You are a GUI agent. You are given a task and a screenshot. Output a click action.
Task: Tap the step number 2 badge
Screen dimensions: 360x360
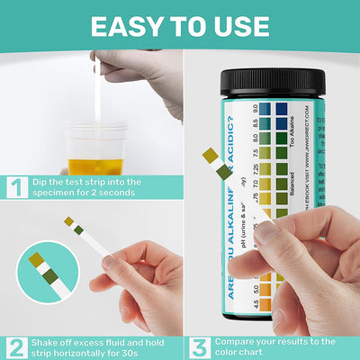(x=15, y=346)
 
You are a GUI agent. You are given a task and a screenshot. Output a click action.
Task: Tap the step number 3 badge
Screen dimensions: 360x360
(x=198, y=346)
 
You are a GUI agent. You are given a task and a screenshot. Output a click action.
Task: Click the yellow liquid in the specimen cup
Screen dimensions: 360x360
(x=95, y=166)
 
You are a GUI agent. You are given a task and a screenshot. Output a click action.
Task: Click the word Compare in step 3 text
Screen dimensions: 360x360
(x=238, y=341)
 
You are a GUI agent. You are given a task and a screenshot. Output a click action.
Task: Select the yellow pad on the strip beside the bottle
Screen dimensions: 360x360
(x=211, y=156)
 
